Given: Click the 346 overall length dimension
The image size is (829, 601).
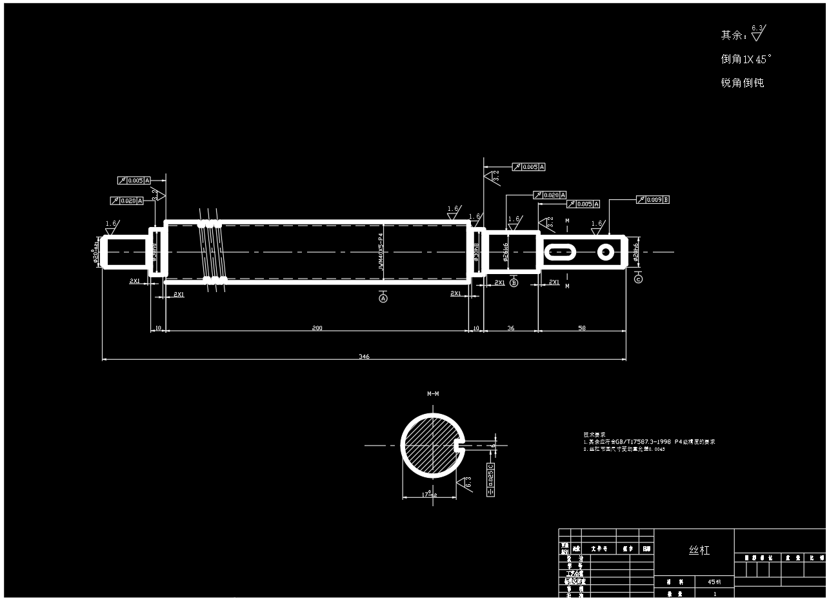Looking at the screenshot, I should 364,357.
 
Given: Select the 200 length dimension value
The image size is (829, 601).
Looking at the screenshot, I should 317,328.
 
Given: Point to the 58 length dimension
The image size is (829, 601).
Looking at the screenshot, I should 582,328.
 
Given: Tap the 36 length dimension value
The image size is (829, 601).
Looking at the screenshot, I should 511,328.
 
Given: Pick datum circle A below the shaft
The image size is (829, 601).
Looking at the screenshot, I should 383,299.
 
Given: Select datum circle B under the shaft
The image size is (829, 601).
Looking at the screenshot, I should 514,282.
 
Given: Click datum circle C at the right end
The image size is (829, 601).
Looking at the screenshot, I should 638,279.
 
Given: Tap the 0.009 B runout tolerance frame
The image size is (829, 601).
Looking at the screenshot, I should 653,200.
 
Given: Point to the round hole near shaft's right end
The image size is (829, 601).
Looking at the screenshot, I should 605,252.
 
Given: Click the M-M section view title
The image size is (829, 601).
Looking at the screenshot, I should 433,393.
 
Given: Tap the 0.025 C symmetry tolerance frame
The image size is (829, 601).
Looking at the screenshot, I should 490,478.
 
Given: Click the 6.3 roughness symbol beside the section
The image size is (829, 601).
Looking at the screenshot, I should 466,482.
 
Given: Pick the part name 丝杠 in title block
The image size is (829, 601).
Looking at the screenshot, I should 699,550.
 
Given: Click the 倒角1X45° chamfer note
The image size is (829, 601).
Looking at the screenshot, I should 746,59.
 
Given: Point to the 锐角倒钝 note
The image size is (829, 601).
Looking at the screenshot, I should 742,83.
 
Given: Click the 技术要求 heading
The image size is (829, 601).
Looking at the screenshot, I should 594,435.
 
